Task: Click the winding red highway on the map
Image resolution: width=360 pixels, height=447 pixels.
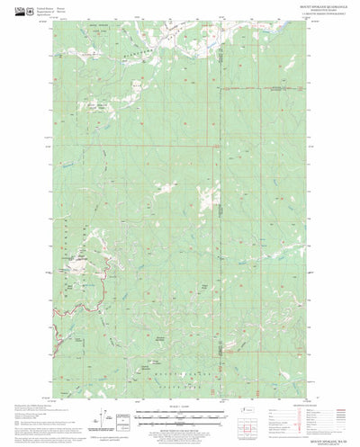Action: click(x=85, y=279)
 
